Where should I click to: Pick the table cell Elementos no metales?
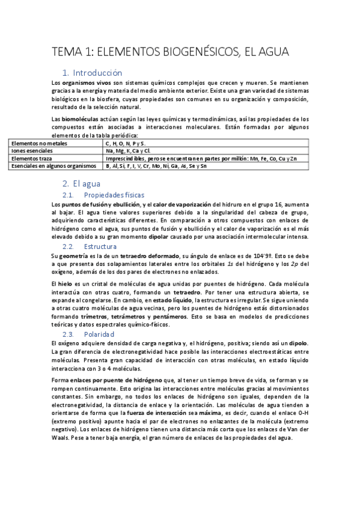37,143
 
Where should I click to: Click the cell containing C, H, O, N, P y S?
125,143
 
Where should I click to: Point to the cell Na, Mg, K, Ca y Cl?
128,150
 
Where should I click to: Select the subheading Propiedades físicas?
114,195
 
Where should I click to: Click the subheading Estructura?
100,247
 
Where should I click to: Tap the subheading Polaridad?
99,334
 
